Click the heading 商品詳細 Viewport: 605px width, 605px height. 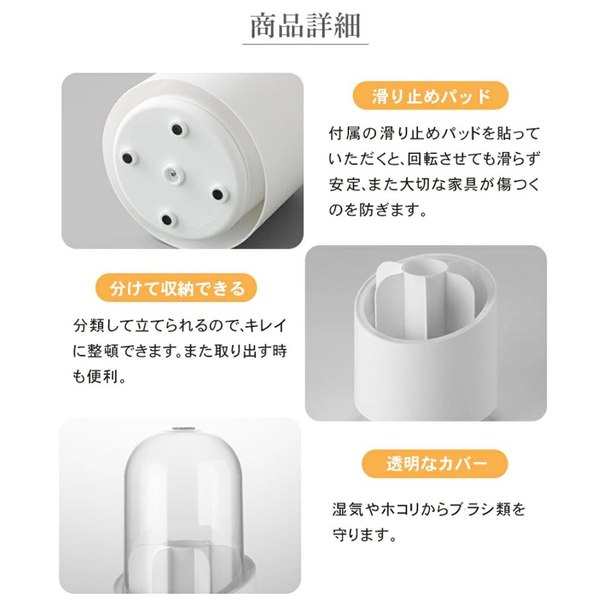[305, 25]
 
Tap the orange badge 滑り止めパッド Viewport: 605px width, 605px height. [431, 96]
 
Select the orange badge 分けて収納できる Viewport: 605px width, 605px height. [176, 288]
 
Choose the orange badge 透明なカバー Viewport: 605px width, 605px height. [435, 464]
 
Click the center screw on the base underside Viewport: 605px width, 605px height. [173, 174]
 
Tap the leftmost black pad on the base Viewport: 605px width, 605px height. [127, 157]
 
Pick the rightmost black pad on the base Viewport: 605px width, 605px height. [218, 194]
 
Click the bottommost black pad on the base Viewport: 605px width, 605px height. [167, 220]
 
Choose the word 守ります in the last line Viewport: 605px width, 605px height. [360, 535]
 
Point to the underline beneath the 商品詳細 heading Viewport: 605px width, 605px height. [305, 44]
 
